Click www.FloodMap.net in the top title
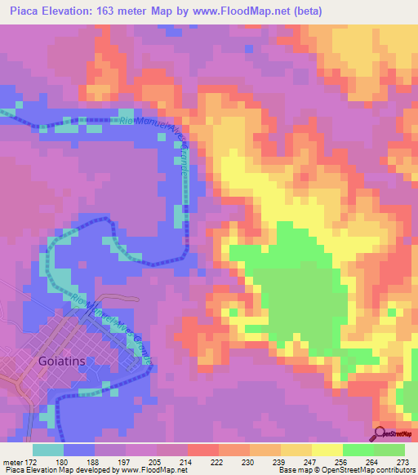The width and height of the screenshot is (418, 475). coord(250,11)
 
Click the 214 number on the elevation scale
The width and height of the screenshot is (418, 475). coord(187,462)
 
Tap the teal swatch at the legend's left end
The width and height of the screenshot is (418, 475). coord(48,450)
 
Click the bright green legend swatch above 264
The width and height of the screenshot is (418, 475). coord(358,450)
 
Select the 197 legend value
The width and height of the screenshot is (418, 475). coord(125,462)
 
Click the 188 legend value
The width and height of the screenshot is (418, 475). coord(94,462)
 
